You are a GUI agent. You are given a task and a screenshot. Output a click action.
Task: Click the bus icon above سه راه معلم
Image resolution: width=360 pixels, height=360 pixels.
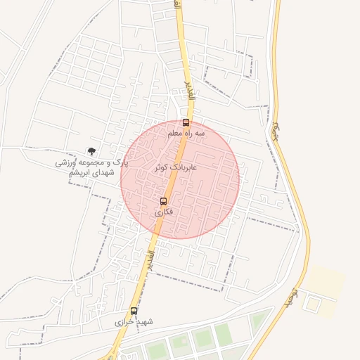186,122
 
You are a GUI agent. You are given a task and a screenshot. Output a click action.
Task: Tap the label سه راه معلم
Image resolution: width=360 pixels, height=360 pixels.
186,132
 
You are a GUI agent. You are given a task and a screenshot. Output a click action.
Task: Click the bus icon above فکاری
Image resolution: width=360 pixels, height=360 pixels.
164,201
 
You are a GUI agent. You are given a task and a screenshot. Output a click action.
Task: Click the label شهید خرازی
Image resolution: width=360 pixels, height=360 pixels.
134,322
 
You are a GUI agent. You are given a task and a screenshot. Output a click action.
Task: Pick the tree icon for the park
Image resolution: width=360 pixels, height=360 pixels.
91,150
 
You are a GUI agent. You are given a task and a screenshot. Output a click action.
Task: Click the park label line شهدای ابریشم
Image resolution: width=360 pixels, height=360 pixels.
93,172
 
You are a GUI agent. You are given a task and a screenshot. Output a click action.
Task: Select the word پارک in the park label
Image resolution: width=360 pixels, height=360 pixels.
121,162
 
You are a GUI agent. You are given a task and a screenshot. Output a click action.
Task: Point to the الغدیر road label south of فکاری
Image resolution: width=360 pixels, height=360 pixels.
150,262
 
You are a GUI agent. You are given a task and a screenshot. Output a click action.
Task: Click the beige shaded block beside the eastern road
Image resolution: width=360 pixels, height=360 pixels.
325,281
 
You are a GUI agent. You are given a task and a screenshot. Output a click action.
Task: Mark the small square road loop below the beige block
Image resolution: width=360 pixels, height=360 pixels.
311,304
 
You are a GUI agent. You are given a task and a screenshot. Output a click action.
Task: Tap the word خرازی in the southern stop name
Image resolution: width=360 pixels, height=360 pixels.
126,322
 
